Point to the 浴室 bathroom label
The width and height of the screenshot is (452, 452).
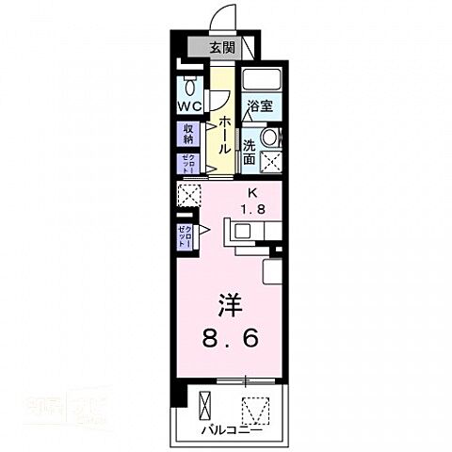260,106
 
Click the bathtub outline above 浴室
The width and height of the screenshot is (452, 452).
261,79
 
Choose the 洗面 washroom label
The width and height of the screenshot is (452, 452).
250,153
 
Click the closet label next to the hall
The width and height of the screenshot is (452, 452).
186,161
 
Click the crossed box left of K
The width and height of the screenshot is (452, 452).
188,195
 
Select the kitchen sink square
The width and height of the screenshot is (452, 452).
233,228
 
